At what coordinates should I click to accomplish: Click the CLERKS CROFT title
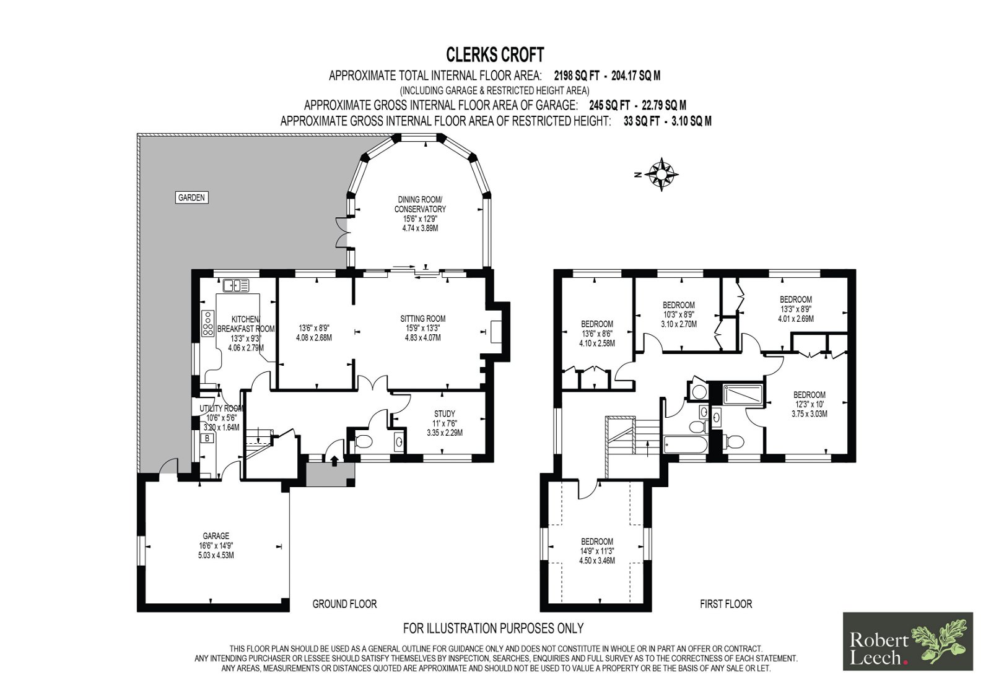coord(495,55)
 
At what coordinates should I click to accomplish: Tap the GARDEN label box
coord(191,197)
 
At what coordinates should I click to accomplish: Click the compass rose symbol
coord(661,174)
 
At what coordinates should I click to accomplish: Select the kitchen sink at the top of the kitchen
coord(236,286)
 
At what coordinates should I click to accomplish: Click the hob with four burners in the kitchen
coord(207,323)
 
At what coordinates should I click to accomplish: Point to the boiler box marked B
coord(207,439)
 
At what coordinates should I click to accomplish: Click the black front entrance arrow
coord(334,460)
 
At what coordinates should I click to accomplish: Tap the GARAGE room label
coord(216,536)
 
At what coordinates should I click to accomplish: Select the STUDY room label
coord(445,414)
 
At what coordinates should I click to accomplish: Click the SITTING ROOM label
coord(422,318)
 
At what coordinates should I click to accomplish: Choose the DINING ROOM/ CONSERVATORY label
coord(420,204)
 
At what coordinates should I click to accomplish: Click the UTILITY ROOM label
coord(221,408)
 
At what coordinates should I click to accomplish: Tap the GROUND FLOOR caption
coord(344,604)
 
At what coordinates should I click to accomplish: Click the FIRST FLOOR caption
coord(726,604)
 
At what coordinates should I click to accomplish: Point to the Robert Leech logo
coord(908,641)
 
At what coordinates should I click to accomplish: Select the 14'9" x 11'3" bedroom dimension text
coord(597,551)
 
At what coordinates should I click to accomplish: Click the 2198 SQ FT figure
coord(577,76)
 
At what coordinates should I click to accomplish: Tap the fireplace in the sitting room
coord(495,332)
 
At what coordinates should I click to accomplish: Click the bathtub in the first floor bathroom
coord(686,444)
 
